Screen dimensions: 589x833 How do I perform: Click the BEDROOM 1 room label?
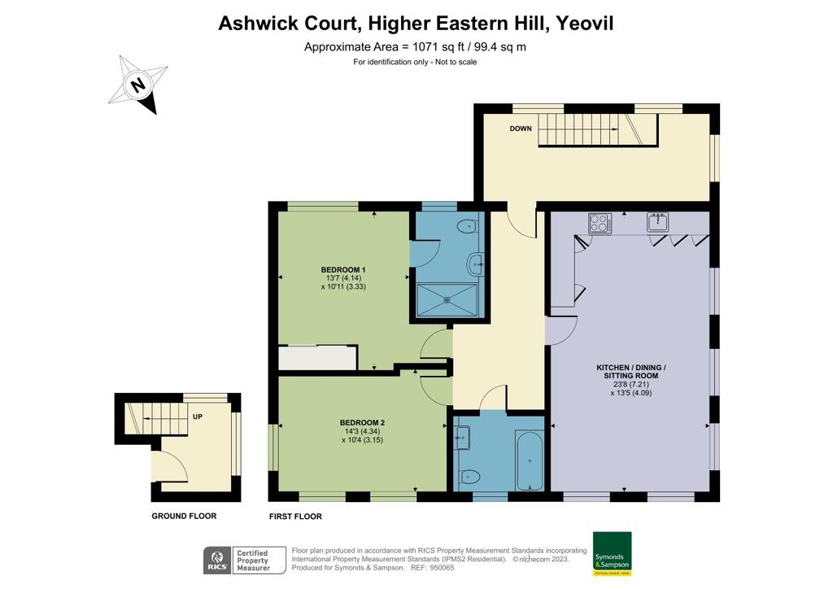point(342,269)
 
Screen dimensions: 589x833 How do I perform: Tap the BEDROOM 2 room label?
point(362,422)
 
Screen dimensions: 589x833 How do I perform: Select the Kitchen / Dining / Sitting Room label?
point(630,372)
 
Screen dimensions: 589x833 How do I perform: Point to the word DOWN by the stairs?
point(521,129)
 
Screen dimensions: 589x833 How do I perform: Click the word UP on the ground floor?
point(197,417)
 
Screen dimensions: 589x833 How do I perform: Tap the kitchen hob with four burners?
point(600,223)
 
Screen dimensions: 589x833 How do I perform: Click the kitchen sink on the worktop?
point(657,222)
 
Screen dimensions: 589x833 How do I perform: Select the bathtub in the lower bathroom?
point(530,461)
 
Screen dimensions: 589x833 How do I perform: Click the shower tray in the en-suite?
point(447,299)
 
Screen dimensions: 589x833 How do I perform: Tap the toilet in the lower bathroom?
point(469,477)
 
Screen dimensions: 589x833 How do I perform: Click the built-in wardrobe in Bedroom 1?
point(317,358)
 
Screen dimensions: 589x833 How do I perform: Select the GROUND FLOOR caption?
point(184,516)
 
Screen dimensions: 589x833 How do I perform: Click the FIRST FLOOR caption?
point(295,517)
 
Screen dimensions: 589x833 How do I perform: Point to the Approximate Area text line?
point(415,46)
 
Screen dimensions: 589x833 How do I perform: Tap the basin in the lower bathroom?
point(463,438)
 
